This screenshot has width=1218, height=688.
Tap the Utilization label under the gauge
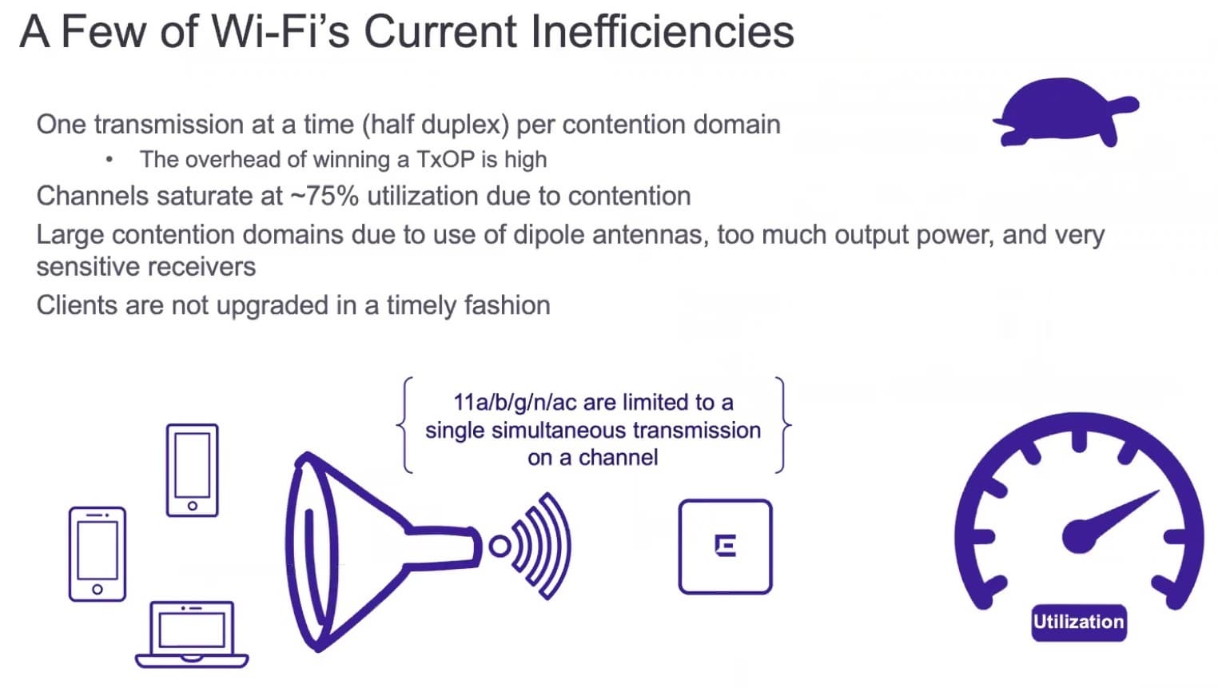pos(1079,622)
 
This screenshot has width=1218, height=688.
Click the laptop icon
pos(192,634)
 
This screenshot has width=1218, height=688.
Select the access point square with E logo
pos(726,547)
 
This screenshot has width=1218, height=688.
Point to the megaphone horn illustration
pos(380,551)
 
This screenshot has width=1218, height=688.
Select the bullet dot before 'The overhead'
pos(109,160)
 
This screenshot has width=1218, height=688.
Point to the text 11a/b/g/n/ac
pos(515,403)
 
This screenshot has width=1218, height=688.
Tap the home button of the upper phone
pos(193,506)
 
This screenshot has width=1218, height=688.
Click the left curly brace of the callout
pos(404,425)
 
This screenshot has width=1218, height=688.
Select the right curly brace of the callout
pos(783,425)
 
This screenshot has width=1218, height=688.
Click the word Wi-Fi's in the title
pos(280,31)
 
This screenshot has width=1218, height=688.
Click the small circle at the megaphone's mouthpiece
pos(500,547)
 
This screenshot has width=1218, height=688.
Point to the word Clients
pos(77,305)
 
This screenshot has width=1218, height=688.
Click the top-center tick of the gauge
pos(1080,440)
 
